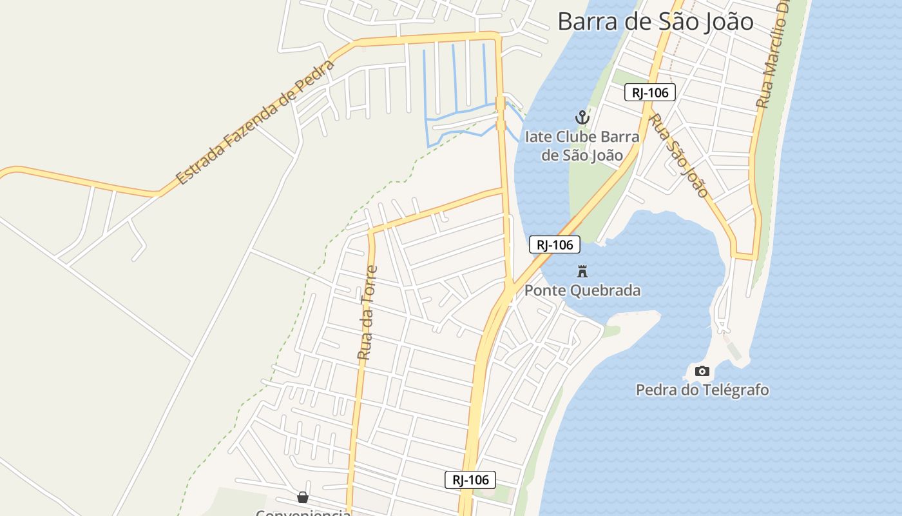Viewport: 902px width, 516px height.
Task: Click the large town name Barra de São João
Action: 655,21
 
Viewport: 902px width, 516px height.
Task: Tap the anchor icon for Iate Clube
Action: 582,117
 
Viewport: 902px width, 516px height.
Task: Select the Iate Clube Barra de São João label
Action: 582,146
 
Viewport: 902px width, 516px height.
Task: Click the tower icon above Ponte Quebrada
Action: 582,271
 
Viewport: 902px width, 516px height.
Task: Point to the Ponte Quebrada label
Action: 582,290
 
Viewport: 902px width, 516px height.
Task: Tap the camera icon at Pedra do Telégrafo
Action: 702,371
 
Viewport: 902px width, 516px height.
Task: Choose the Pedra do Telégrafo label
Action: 702,390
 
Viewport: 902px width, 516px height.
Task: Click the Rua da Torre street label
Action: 367,312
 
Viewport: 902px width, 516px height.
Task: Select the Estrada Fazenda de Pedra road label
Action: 256,123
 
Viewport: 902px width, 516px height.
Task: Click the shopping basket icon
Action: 302,497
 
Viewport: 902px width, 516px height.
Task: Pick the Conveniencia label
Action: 303,513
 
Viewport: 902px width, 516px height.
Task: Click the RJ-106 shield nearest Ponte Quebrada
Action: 555,244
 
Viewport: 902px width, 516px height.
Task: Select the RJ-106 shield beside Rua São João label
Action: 650,92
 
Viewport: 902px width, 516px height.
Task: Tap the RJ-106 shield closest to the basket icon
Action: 470,479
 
